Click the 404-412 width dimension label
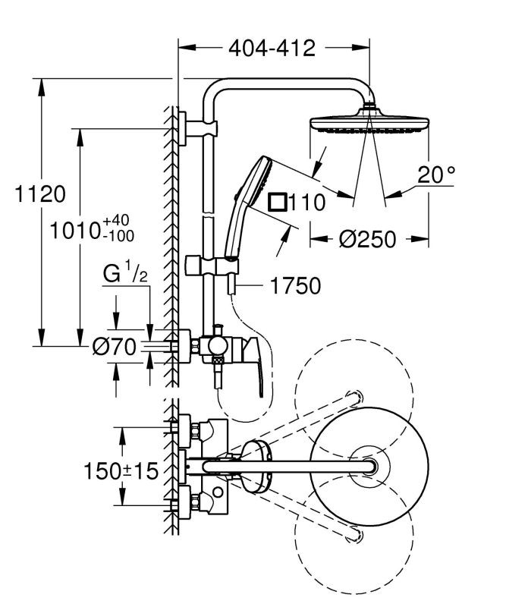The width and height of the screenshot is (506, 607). pos(271,48)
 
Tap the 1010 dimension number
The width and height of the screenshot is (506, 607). pos(74,230)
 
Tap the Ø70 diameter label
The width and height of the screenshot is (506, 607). pos(114,348)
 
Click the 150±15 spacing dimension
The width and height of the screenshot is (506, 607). pos(121,470)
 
